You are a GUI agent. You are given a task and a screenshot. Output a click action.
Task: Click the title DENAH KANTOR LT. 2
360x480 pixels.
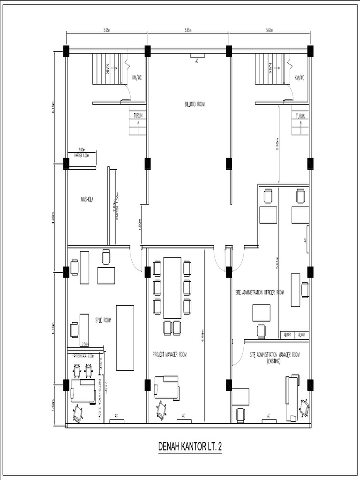[190, 448]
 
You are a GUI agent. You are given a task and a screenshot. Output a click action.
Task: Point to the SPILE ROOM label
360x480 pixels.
[103, 320]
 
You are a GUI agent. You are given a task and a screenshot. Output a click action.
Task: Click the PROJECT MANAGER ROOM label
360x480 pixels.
[169, 354]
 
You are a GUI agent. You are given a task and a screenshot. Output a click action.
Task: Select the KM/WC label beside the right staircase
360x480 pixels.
[299, 77]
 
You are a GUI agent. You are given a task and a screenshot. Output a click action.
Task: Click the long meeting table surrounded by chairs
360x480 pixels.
[172, 287]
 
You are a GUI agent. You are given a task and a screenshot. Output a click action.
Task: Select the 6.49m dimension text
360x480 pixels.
[202, 336]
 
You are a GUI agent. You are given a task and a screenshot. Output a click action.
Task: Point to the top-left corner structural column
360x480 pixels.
[66, 51]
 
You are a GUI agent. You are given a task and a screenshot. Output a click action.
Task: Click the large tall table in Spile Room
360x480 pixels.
[125, 337]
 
